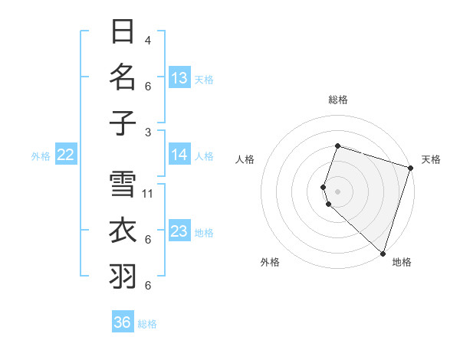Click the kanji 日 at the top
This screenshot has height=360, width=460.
[123, 32]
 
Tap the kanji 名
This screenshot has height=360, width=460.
[123, 77]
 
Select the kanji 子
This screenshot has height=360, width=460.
[123, 123]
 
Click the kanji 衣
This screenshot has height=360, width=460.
[123, 231]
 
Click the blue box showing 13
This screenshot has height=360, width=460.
[179, 78]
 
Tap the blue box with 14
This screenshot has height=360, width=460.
[179, 155]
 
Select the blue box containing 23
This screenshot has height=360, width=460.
[179, 231]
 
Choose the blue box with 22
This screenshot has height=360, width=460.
[66, 155]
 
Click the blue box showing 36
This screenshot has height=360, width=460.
[123, 322]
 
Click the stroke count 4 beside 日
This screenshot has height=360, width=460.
[148, 40]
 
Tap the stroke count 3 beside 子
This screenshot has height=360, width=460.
[148, 131]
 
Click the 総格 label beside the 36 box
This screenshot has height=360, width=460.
[147, 324]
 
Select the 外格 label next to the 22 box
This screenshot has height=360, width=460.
[41, 156]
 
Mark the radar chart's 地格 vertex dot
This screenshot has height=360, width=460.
[383, 254]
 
